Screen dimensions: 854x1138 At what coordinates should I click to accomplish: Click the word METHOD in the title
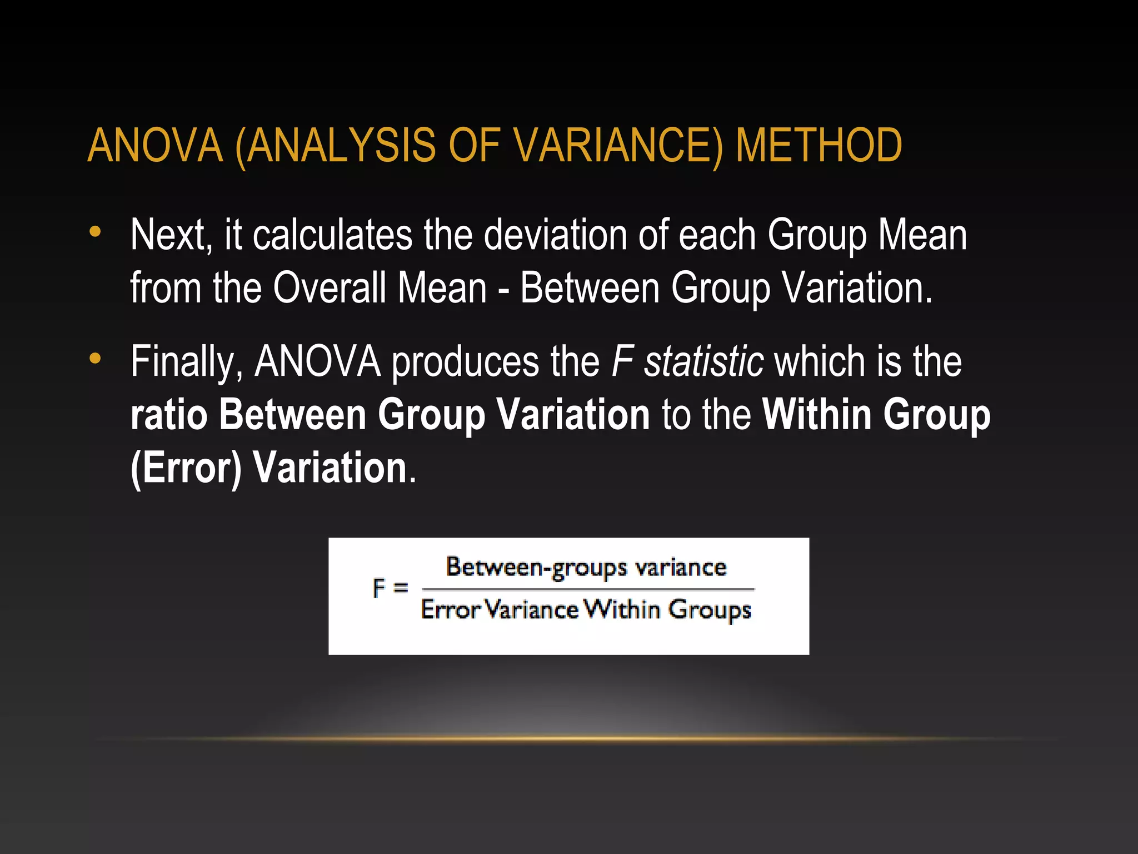click(x=818, y=146)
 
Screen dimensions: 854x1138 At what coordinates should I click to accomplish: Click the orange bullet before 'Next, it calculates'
click(x=96, y=232)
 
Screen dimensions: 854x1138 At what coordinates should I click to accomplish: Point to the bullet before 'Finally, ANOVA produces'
click(x=96, y=359)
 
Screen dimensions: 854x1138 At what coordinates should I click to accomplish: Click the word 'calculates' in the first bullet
click(x=332, y=235)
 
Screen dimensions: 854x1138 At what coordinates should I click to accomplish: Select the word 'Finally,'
click(x=187, y=362)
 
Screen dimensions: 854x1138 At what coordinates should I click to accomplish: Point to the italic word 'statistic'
click(x=703, y=362)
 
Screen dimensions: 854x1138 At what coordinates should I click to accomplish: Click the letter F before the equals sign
click(x=379, y=588)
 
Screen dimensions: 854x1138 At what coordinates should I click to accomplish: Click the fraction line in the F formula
click(x=588, y=588)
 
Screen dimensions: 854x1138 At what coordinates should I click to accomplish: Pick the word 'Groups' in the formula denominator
click(x=710, y=610)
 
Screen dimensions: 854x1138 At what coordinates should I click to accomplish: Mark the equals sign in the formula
click(x=401, y=588)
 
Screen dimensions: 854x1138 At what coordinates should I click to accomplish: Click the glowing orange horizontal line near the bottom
click(x=569, y=739)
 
